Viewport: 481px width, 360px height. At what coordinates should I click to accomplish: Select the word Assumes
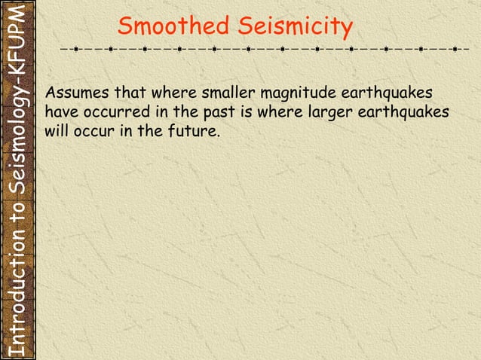[76, 94]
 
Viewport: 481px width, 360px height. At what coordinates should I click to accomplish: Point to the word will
[56, 131]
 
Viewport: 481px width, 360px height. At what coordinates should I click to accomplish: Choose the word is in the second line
[243, 113]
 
